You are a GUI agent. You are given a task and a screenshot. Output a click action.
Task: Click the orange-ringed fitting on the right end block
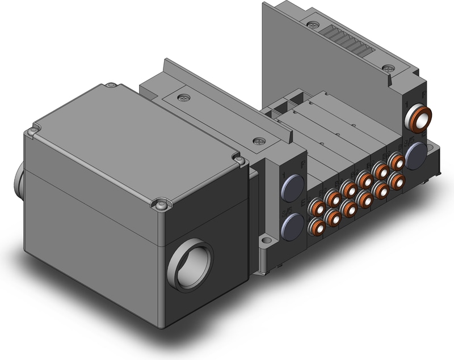pyautogui.click(x=419, y=115)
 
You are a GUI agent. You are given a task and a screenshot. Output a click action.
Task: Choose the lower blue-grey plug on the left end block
pyautogui.click(x=291, y=228)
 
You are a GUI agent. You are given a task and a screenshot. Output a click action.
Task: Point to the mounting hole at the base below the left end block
pyautogui.click(x=264, y=244)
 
